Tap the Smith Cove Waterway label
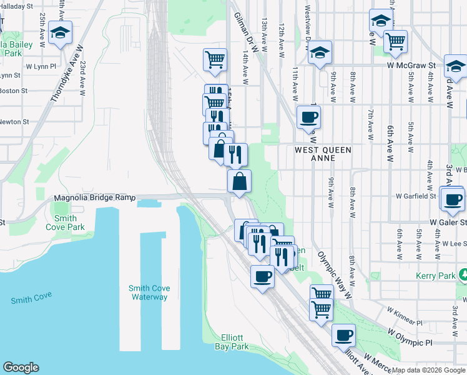[x=149, y=292]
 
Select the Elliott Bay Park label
[x=232, y=342]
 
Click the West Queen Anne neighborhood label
[x=323, y=154]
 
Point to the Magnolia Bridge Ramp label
[x=95, y=197]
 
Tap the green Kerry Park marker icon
[x=463, y=274]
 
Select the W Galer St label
[x=448, y=222]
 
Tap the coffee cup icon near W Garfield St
[x=453, y=200]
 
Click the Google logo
[x=21, y=367]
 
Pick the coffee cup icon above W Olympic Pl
[x=343, y=336]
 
